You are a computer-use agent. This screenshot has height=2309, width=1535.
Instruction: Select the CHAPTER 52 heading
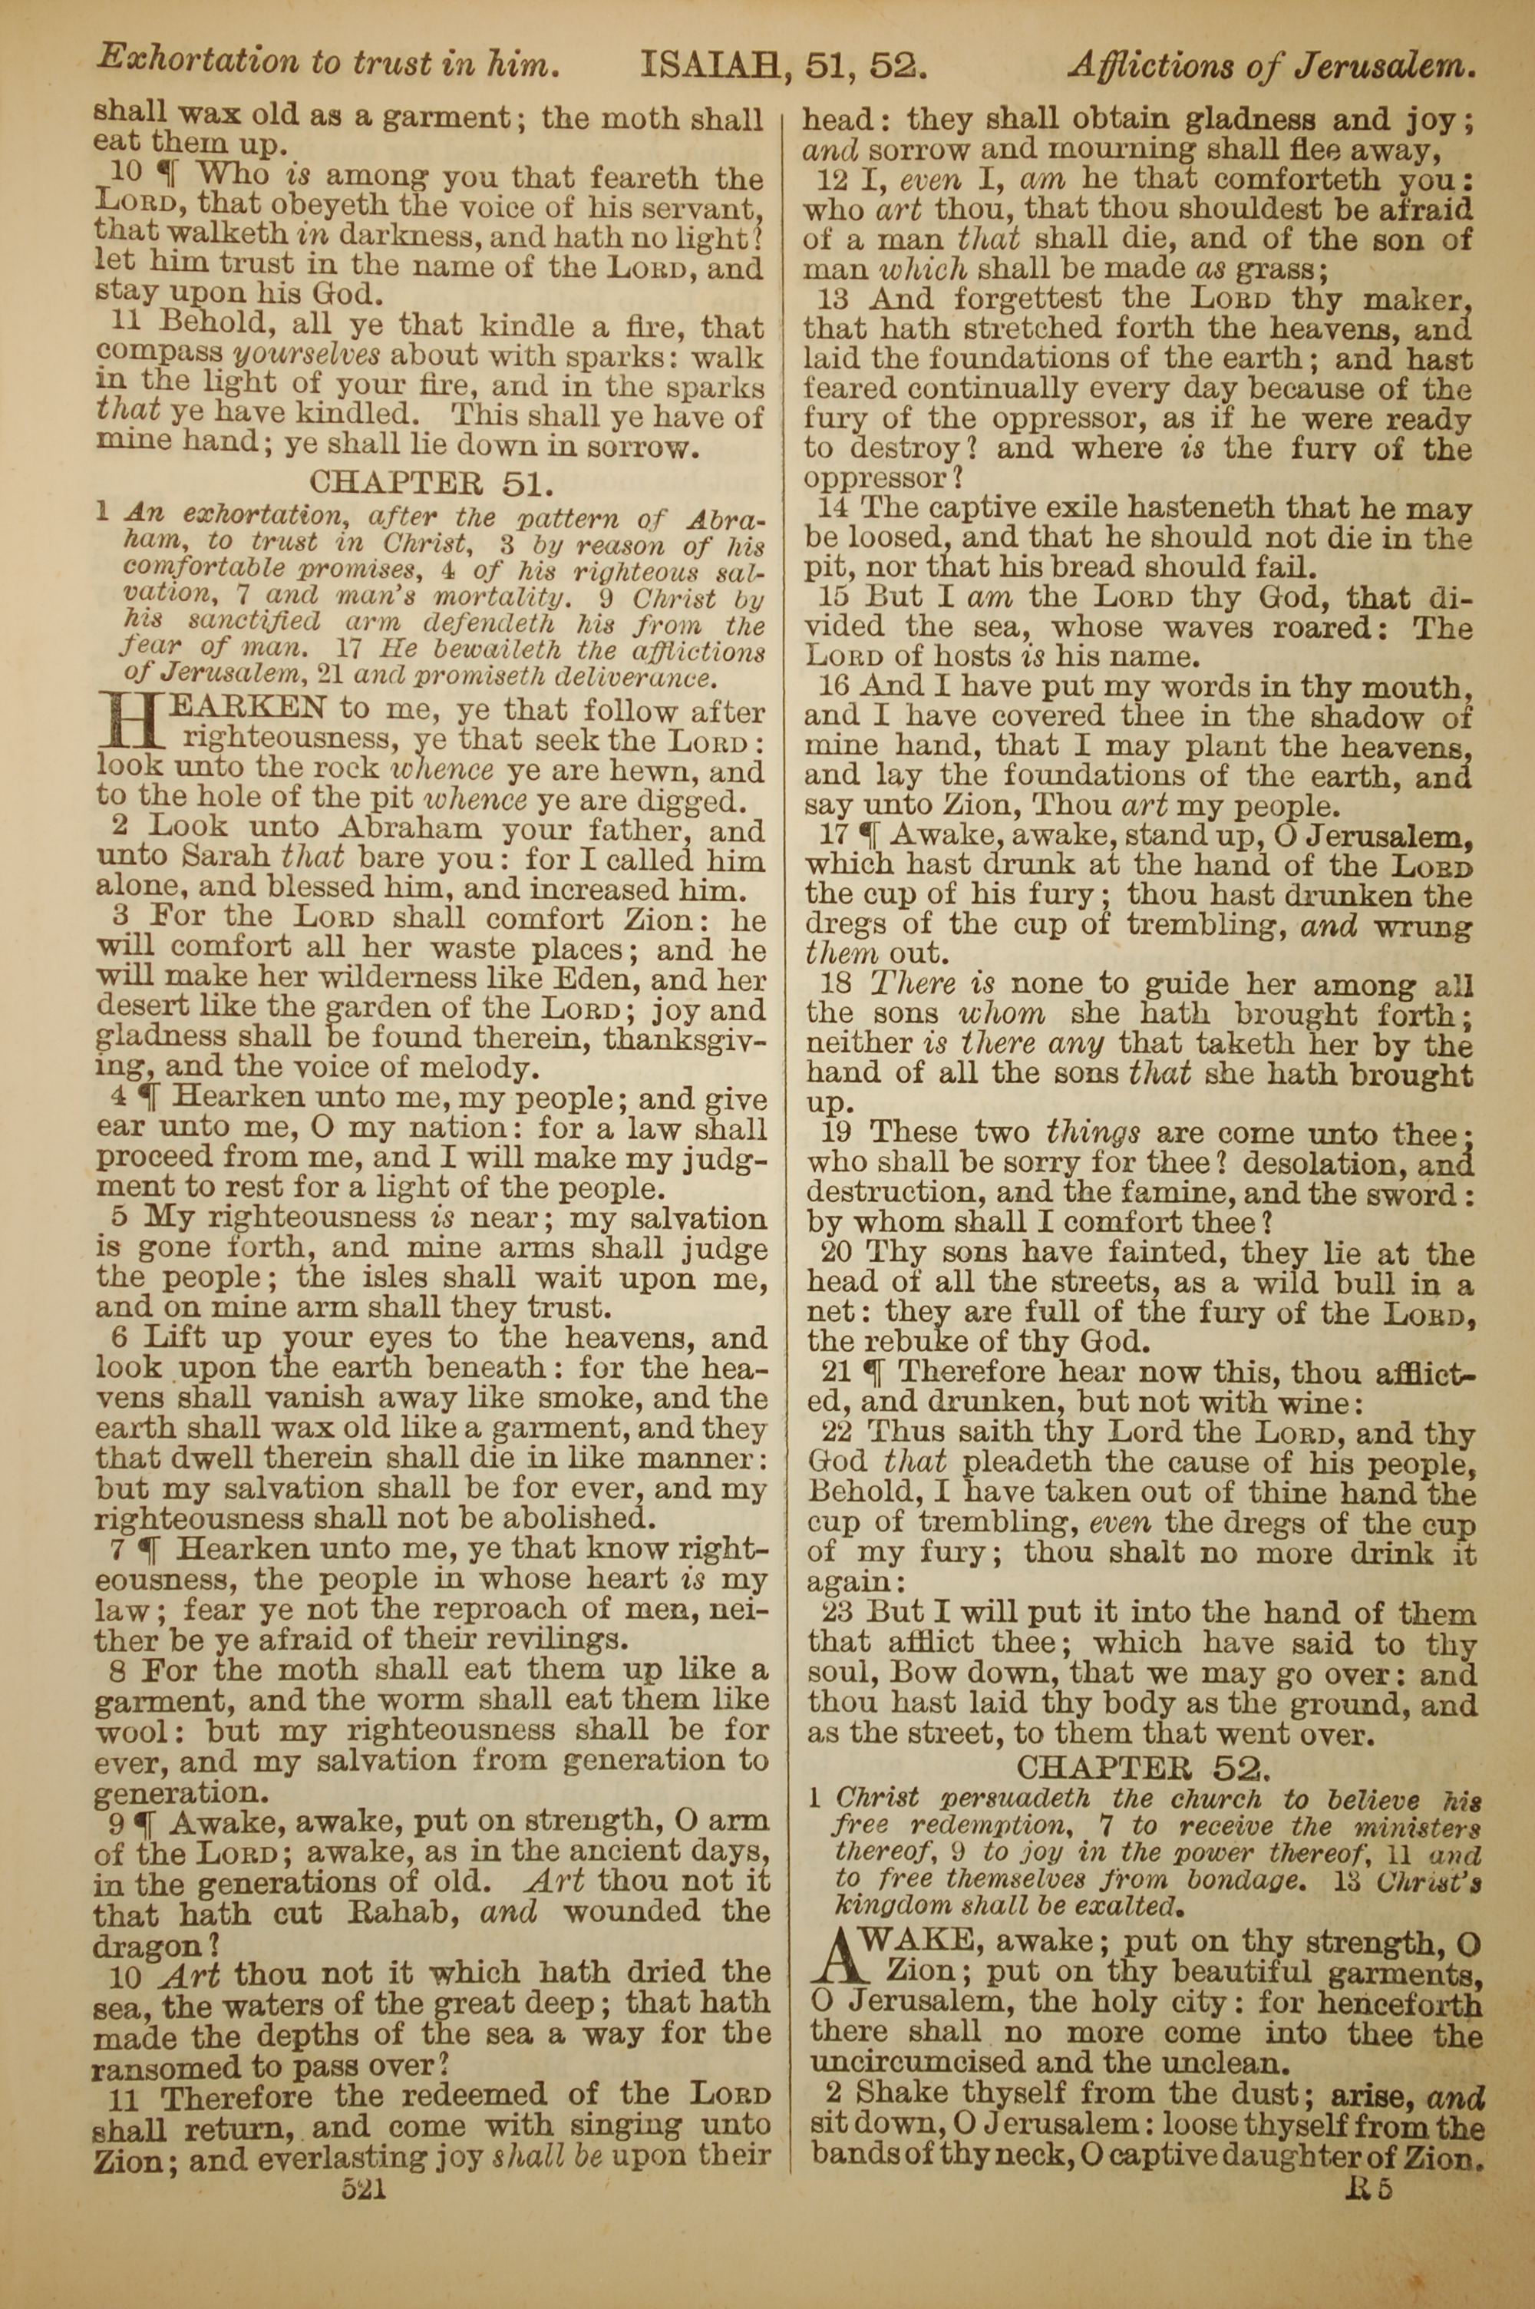point(1144,1768)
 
